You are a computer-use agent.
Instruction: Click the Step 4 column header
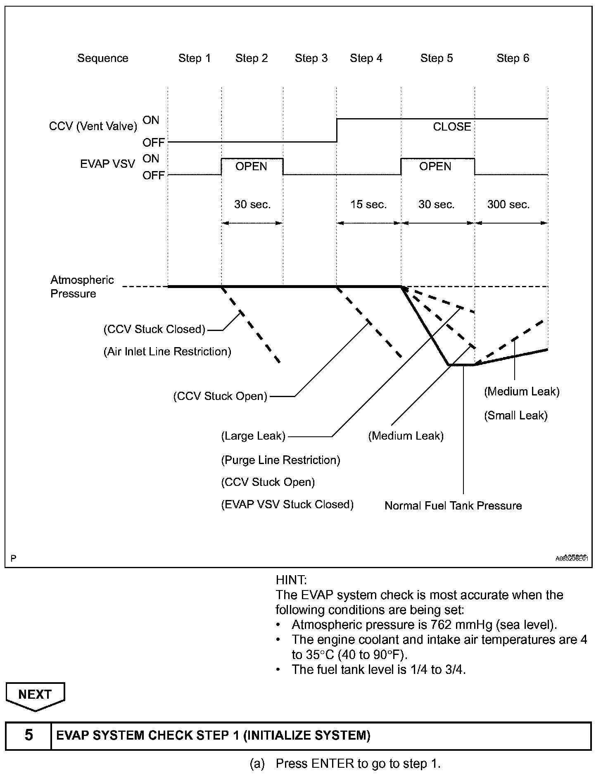[366, 58]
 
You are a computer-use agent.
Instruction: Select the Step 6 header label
[513, 58]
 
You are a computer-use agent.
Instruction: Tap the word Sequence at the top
[103, 58]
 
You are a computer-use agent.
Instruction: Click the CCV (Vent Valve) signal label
[93, 126]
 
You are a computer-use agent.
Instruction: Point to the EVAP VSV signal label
[107, 164]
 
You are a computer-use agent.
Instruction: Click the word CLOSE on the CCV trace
[452, 127]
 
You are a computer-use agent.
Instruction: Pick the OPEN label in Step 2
[251, 167]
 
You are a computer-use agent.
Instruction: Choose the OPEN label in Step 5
[435, 167]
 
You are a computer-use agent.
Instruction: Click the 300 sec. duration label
[508, 205]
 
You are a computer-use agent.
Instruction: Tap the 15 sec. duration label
[368, 205]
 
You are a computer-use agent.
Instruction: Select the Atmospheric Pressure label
[82, 287]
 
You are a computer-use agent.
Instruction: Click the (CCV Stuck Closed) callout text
[154, 329]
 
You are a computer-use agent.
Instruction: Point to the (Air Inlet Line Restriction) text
[167, 352]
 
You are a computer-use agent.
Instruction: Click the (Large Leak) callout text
[253, 436]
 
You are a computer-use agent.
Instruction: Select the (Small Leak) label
[515, 416]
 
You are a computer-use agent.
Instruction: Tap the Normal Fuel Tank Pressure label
[453, 506]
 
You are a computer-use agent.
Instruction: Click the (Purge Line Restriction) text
[280, 460]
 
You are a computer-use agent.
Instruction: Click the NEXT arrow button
[35, 695]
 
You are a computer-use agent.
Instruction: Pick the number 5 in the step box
[28, 735]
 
